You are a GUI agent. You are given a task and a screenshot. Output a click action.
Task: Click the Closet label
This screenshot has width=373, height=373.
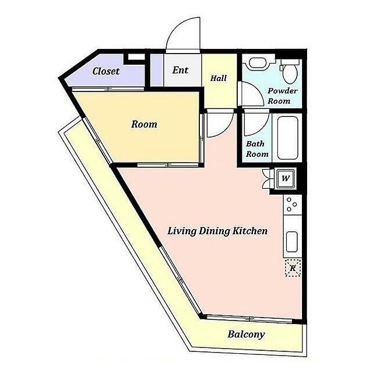pos(106,71)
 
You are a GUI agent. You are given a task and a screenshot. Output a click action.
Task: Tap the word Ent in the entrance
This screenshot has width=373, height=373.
pos(180,70)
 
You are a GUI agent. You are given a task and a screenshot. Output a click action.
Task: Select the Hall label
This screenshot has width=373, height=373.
pos(219,78)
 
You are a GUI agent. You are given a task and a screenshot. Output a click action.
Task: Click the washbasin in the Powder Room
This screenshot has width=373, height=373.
pos(259,64)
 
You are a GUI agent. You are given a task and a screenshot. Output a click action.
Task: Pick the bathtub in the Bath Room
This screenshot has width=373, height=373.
pos(288,138)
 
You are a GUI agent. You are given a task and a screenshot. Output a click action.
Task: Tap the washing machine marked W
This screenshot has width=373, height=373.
pos(286,178)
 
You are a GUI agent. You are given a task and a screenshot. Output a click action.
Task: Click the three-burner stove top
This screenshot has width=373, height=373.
pos(293,205)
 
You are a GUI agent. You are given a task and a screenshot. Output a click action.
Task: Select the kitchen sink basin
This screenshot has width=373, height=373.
pos(291,242)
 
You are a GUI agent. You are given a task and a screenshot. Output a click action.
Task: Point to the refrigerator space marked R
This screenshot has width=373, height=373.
pos(293,268)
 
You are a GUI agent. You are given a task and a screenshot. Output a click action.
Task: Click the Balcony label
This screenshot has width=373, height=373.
pos(246,334)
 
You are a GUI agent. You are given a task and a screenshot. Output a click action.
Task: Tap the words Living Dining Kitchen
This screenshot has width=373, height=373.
pos(217,231)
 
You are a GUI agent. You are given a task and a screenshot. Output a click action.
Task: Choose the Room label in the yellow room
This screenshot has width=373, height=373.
pos(144,124)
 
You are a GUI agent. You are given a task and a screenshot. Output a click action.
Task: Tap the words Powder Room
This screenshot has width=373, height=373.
pos(282,96)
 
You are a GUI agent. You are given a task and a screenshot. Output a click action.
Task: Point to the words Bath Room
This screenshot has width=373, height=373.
pos(257,149)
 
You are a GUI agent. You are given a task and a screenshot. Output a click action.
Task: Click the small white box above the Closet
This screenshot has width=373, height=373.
pos(136,57)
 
